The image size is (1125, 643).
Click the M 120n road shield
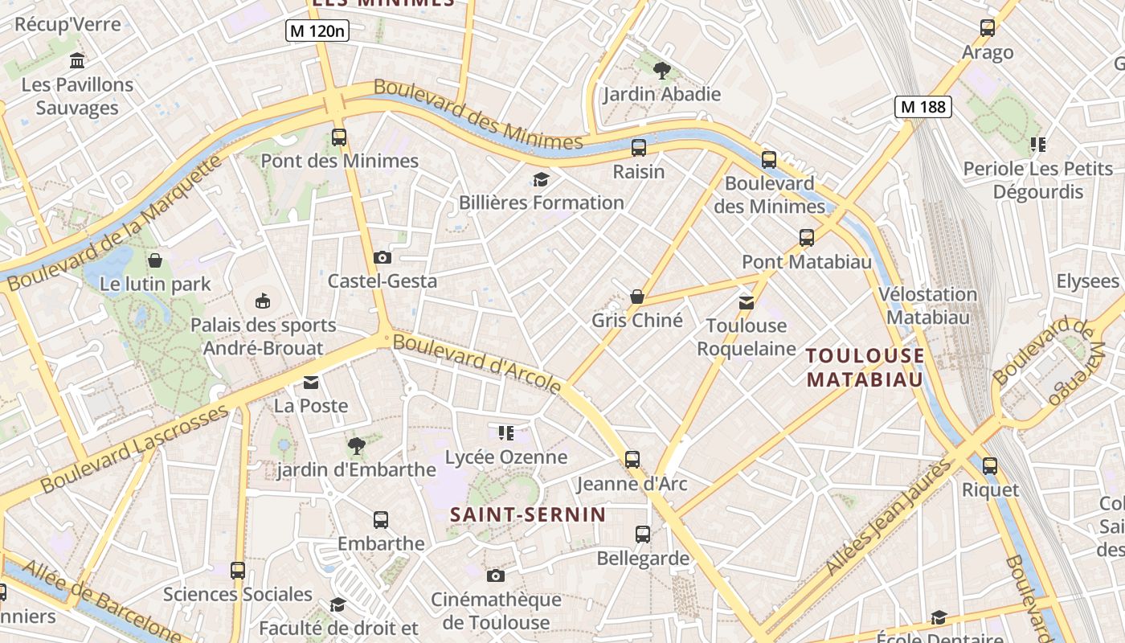tap(317, 31)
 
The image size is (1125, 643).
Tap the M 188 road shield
tap(923, 106)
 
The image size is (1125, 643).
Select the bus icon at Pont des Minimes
tap(339, 137)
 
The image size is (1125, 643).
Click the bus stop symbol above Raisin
tap(639, 148)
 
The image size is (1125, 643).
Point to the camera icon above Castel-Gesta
tap(382, 257)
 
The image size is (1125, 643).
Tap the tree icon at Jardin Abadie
tap(661, 71)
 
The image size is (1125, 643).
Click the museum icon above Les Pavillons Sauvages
tap(77, 60)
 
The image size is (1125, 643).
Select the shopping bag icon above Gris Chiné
tap(637, 297)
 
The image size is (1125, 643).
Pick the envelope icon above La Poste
tap(311, 382)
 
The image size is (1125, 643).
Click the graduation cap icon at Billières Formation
tap(542, 179)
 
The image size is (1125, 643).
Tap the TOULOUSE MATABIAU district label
tap(865, 367)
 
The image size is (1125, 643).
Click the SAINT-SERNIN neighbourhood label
tap(527, 514)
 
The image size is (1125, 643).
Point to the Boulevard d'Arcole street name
tap(477, 363)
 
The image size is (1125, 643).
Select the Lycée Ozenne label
tap(506, 457)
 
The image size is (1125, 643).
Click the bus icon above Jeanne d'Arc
tap(632, 460)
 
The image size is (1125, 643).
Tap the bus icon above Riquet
tap(990, 466)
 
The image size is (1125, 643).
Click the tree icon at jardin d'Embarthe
tap(356, 445)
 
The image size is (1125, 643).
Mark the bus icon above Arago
tap(988, 28)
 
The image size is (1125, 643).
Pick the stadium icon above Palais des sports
tap(263, 301)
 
